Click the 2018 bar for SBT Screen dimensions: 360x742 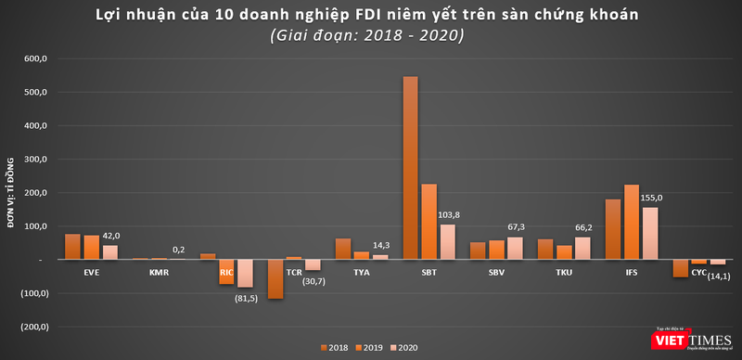tap(410, 168)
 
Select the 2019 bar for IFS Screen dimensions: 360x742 tap(631, 222)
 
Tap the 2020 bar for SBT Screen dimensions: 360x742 tap(448, 242)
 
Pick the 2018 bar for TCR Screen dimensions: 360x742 tap(275, 278)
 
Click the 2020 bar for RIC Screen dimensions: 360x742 tap(245, 273)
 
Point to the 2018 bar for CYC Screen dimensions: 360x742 tap(681, 268)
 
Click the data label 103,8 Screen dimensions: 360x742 tap(448, 215)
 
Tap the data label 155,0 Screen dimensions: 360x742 tap(652, 199)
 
